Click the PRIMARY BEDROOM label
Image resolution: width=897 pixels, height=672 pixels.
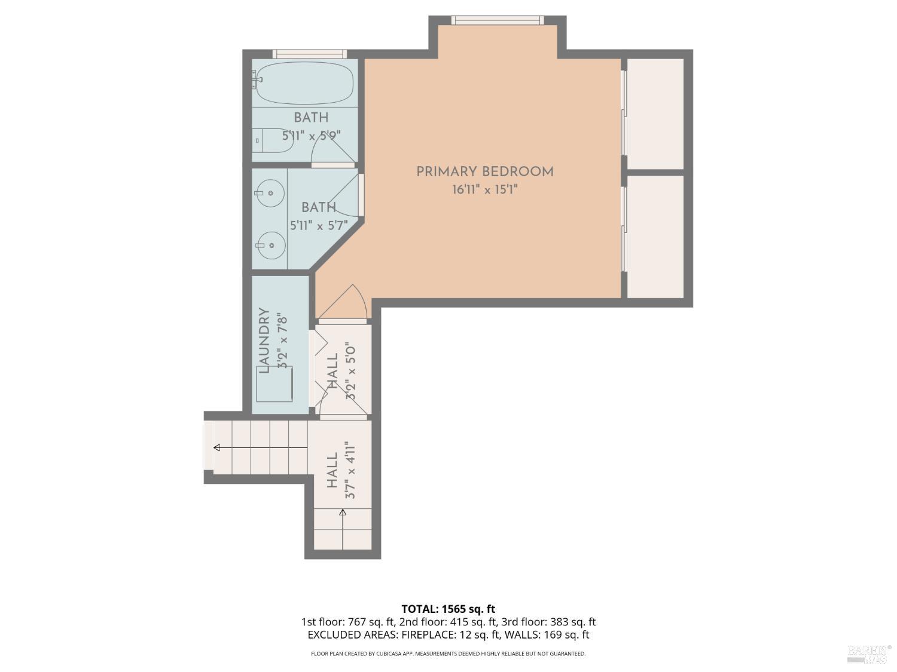pos(484,172)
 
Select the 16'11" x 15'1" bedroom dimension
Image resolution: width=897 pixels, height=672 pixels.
pos(484,191)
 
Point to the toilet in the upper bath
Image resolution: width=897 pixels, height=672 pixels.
pos(273,140)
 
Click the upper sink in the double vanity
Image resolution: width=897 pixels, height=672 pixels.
pos(270,193)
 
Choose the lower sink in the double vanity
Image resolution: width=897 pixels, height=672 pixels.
pos(270,245)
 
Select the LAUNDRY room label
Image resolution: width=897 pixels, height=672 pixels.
pos(264,340)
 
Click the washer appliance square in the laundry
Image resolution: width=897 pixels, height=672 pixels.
pos(274,384)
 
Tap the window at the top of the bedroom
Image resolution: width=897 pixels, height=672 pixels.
pos(497,20)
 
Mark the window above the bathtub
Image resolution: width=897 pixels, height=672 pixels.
pos(309,54)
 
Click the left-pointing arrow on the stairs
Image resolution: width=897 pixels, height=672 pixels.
pos(217,447)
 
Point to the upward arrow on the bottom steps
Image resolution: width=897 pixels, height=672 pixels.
pos(343,513)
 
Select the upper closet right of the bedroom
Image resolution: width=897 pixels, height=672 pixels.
pos(655,113)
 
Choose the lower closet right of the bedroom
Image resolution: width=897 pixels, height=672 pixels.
pos(655,236)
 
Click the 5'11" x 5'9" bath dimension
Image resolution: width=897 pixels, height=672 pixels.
pos(311,136)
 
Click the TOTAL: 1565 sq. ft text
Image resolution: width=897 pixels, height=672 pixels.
pos(448,609)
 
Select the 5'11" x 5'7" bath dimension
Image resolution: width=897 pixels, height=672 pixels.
pos(319,226)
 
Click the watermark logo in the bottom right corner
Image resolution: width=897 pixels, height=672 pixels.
pos(868,653)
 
